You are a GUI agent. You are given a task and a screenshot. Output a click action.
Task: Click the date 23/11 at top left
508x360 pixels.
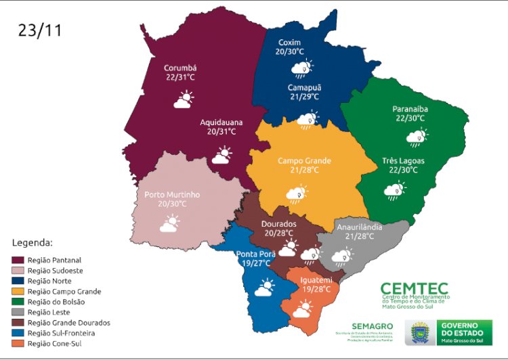tap(42, 30)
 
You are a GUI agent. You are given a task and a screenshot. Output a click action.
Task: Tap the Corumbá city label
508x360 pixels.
tap(180, 68)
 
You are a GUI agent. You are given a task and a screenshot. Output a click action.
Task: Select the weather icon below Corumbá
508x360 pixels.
tap(182, 101)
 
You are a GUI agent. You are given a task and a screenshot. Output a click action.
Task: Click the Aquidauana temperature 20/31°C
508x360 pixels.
tap(221, 132)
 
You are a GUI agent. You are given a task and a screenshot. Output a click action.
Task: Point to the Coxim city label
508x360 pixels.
tap(289, 42)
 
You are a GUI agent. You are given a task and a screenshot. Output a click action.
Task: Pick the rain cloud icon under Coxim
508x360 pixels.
tap(301, 68)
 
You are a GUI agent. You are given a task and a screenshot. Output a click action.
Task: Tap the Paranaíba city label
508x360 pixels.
tap(410, 108)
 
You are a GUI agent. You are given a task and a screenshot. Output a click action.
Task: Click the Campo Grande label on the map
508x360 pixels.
tap(304, 161)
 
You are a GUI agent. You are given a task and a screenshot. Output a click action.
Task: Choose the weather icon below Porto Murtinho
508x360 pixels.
tap(169, 223)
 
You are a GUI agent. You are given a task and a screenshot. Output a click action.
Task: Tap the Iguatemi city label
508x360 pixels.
tap(316, 279)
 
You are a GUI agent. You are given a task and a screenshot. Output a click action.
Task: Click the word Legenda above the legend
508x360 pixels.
tap(33, 242)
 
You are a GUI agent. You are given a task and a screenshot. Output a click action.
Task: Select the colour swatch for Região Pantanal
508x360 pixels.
tap(22, 260)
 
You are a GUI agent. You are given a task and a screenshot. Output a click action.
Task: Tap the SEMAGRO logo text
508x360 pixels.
tap(371, 326)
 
